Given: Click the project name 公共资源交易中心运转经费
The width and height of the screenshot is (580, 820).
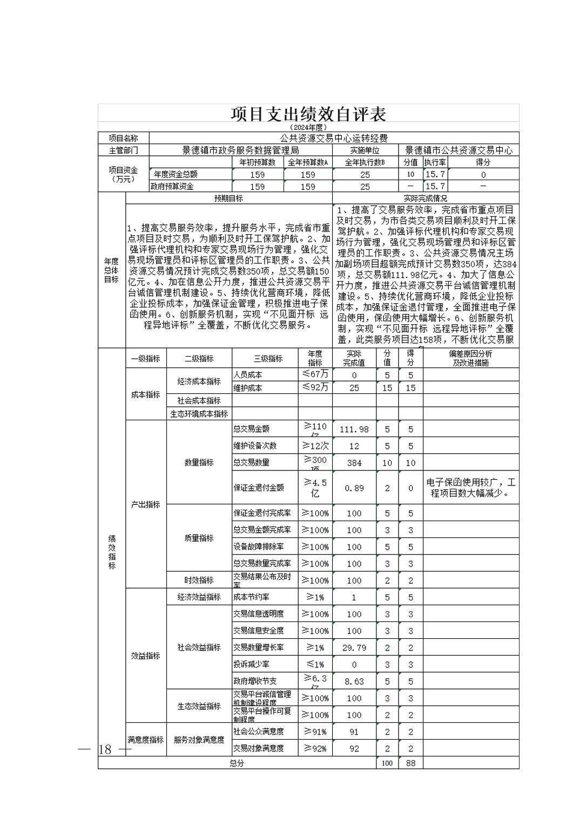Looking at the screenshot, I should point(334,139).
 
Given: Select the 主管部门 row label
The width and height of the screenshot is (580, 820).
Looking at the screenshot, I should point(123,151).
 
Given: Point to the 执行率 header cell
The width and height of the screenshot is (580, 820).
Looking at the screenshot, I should point(435,162).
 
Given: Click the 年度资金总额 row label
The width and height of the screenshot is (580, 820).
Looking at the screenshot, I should point(176,174).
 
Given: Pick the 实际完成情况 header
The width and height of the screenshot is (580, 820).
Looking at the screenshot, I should point(425,198).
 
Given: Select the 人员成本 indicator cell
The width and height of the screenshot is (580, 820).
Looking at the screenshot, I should point(248,374).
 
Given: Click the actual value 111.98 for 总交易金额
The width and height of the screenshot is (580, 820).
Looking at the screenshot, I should point(354,429).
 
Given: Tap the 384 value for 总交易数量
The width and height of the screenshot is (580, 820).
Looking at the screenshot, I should point(354,462).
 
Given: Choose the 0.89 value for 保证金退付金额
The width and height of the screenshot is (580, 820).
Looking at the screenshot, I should point(354,488).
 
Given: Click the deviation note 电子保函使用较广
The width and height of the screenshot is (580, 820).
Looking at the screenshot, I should point(471,488).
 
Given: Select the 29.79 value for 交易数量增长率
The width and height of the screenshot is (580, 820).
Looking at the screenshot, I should point(354,647).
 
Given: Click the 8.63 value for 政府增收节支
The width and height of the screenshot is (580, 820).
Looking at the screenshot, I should point(354,681).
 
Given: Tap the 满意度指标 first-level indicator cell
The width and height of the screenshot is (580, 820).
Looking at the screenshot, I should point(146,740).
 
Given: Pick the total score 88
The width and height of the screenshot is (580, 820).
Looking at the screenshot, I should point(410,763).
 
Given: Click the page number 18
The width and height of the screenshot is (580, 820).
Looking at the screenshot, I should point(105,749).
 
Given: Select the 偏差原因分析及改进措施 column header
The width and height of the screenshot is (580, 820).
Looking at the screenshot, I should point(470,358).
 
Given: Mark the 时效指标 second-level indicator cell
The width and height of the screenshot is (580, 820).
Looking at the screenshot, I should point(199,580).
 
